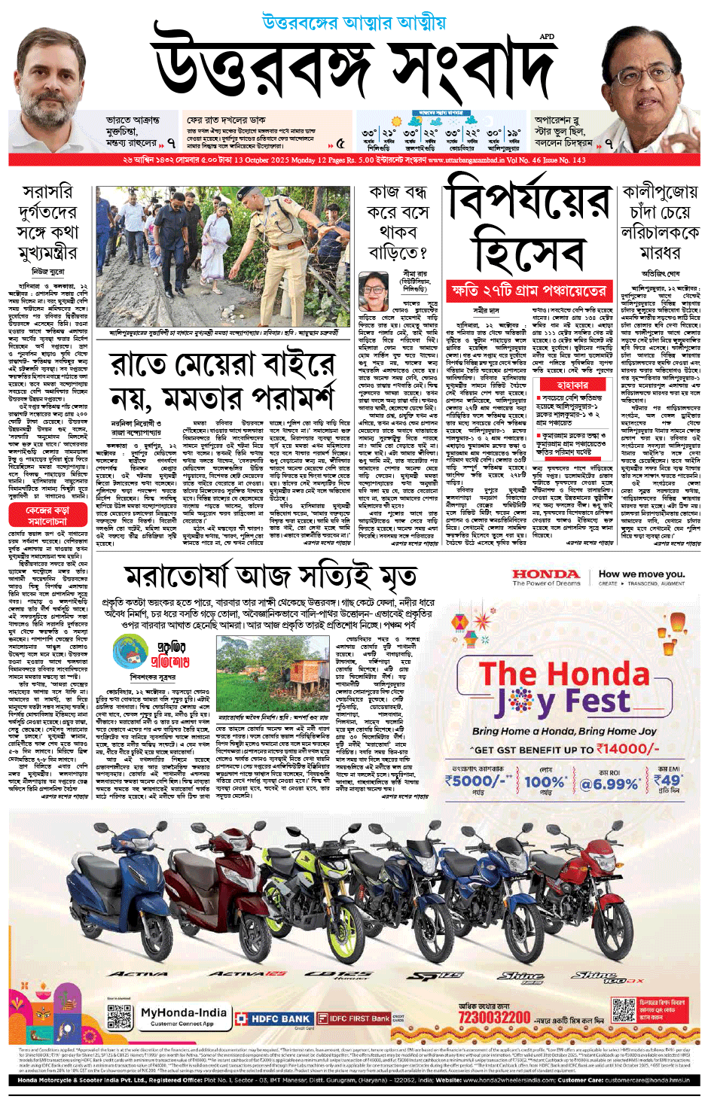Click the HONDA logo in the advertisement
click(546, 575)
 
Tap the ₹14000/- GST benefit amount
click(628, 749)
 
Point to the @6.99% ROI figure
click(608, 784)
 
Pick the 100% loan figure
click(545, 782)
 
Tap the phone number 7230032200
click(494, 1018)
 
